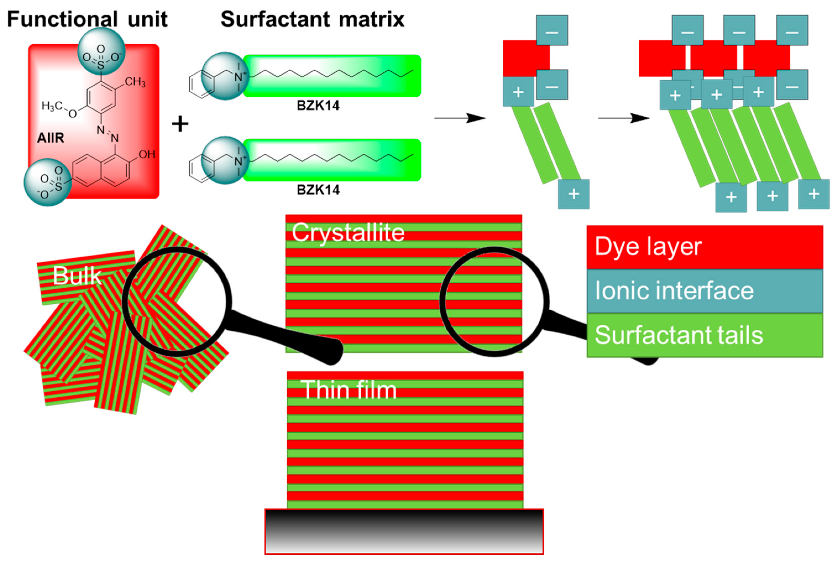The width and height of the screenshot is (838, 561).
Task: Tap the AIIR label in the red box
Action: click(51, 138)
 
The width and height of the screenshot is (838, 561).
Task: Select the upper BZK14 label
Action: click(318, 106)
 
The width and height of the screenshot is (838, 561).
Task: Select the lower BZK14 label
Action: click(318, 190)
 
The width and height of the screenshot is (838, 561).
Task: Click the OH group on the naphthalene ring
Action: click(147, 154)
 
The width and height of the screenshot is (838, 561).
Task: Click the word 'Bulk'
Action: click(77, 276)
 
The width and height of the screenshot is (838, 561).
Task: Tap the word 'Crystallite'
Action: click(348, 233)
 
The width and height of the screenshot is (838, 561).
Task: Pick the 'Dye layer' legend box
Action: click(704, 247)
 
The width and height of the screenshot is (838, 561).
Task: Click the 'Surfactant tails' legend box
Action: click(704, 335)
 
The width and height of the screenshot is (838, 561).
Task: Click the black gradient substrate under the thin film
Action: click(404, 531)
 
